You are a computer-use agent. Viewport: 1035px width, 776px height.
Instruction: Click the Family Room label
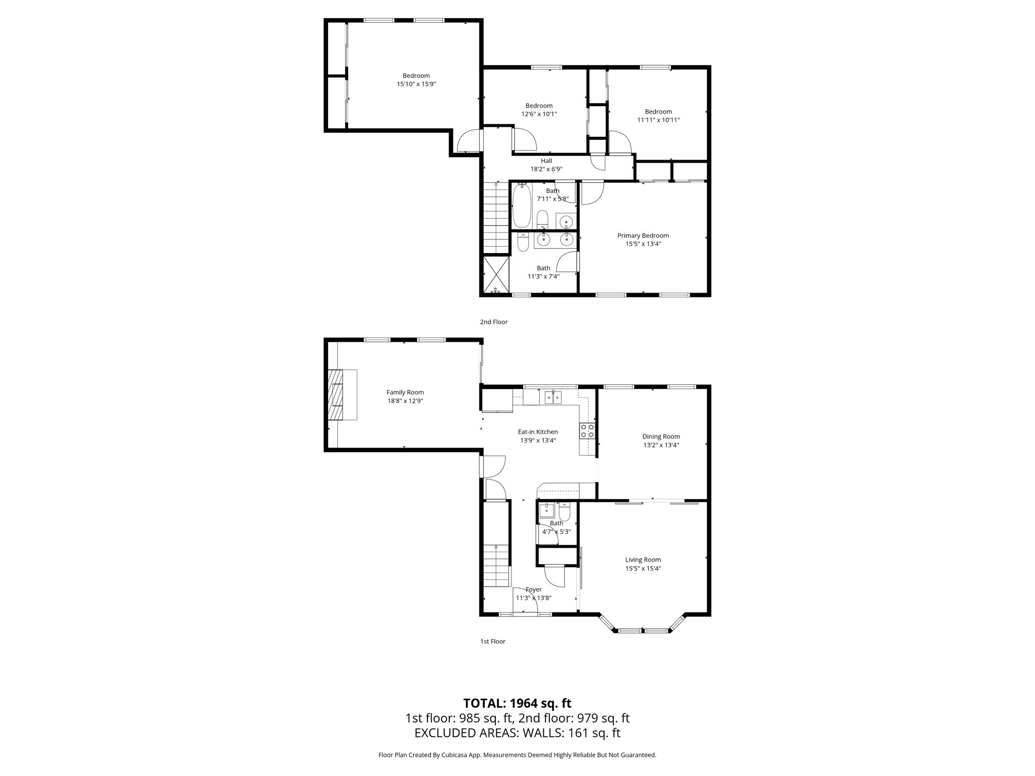coord(405,392)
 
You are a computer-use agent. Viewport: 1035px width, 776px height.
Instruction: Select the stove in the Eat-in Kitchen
coord(587,430)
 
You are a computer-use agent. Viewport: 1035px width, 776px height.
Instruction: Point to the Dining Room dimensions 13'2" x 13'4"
coord(661,445)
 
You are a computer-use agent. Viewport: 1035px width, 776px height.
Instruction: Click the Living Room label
coord(643,559)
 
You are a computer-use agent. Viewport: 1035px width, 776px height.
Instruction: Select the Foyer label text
coord(533,589)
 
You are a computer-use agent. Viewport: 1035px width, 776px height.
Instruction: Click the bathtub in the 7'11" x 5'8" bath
coord(521,206)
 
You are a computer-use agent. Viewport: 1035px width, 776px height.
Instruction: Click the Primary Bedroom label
coord(643,235)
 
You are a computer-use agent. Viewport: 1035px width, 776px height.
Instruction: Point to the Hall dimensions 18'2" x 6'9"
coord(546,169)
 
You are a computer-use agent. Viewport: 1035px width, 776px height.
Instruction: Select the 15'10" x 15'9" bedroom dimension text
coord(416,84)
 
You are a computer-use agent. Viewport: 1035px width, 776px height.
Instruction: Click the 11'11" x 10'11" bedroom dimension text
coord(658,120)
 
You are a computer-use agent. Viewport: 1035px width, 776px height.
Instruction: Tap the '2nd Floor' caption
coord(493,322)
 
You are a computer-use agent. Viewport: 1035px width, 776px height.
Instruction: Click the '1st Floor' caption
coord(492,641)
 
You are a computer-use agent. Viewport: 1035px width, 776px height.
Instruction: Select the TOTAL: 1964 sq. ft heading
coord(517,703)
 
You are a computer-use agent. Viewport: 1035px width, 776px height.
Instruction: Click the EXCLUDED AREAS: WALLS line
coord(517,733)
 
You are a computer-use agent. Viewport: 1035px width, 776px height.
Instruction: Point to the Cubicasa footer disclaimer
coord(517,755)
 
